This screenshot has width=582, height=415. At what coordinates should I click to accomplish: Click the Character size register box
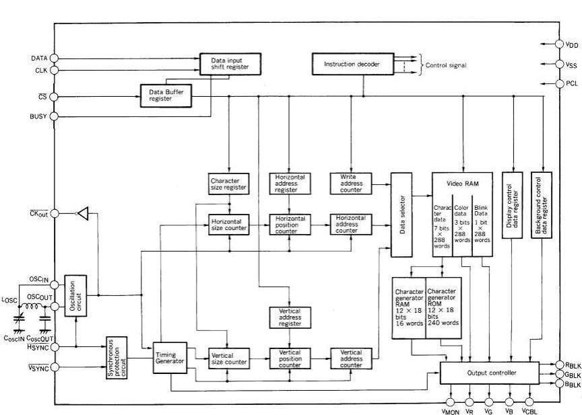[229, 184]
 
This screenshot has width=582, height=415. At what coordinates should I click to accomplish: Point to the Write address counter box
[348, 184]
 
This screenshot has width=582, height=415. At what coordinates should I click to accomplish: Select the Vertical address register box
[289, 317]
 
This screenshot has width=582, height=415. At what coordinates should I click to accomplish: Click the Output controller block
[489, 373]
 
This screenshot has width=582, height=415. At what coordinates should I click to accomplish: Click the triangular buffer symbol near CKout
[82, 214]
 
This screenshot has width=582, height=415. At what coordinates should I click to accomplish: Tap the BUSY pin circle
[55, 116]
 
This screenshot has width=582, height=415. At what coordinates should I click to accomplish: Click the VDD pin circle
[559, 44]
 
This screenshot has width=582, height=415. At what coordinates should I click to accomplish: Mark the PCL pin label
[572, 83]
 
